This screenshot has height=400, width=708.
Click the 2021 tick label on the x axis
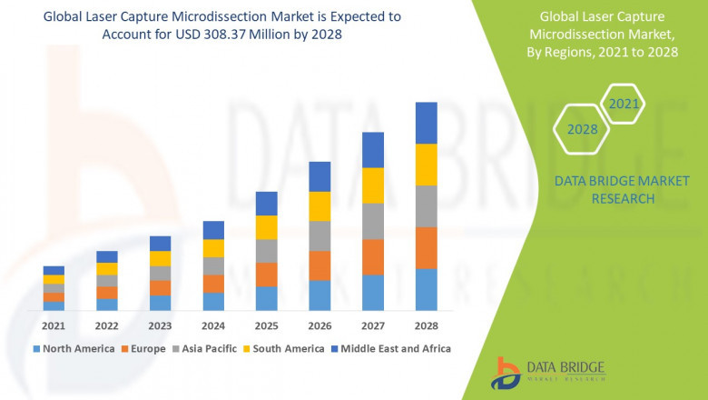54,325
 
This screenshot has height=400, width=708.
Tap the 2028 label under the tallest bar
426,325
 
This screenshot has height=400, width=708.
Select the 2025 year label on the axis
266,325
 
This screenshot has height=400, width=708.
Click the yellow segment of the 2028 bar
426,165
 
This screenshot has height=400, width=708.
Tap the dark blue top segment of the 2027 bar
373,150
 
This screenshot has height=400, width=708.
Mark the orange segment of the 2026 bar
320,265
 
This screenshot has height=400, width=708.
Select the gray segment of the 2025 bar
266,251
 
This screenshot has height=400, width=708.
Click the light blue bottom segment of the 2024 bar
213,301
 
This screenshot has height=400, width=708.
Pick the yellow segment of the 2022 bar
107,268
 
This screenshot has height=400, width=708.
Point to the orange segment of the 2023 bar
160,288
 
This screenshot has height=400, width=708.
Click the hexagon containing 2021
623,105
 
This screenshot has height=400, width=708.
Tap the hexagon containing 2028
582,129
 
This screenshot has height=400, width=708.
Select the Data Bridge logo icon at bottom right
506,373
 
